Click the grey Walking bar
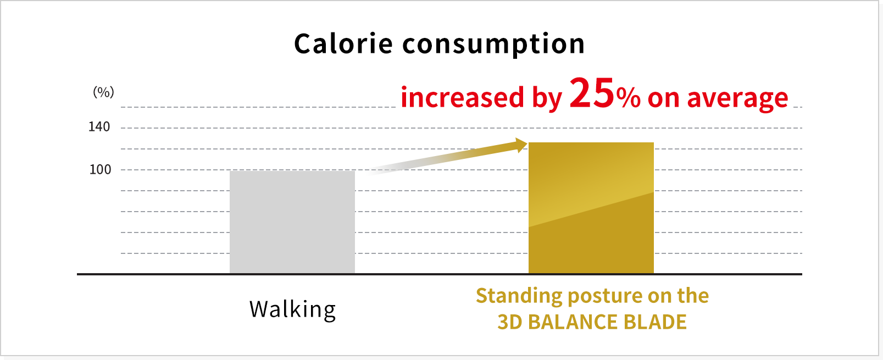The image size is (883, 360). [x=292, y=222]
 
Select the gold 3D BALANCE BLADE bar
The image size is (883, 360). [x=591, y=208]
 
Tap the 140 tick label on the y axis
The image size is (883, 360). [x=99, y=127]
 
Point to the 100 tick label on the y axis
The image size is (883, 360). [x=100, y=170]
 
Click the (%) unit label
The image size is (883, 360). [x=103, y=92]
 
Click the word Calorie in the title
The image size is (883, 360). [x=343, y=43]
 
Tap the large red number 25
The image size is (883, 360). [x=592, y=93]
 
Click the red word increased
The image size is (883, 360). [x=463, y=97]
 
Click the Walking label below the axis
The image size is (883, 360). [x=292, y=309]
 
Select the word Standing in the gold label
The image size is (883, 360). [x=519, y=296]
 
